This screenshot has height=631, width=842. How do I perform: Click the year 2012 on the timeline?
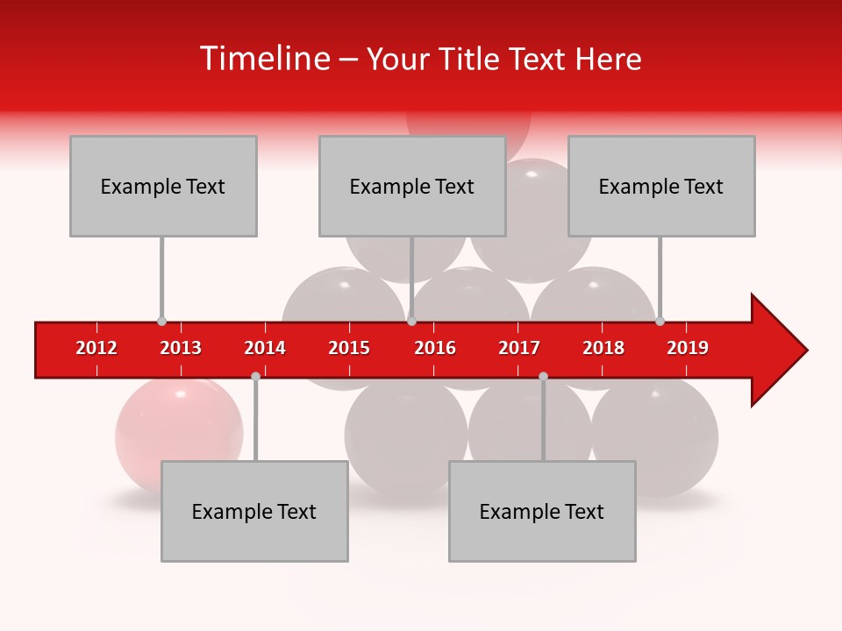[x=96, y=348]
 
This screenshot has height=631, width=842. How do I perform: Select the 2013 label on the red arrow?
[x=181, y=348]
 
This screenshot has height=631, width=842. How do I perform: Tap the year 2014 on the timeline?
[x=265, y=348]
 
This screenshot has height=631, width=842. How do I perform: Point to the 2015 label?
[x=349, y=348]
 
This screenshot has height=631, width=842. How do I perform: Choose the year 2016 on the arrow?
[x=435, y=348]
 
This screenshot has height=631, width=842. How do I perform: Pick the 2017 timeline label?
[x=519, y=348]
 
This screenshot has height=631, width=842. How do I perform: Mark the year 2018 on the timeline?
[x=603, y=348]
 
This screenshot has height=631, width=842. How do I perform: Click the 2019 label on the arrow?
[x=688, y=348]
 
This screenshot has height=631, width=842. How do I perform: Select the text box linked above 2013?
[x=163, y=186]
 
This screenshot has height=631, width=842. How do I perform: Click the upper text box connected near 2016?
[x=412, y=186]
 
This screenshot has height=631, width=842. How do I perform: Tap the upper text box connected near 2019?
[x=661, y=186]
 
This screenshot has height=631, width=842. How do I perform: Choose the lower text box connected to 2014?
[x=254, y=511]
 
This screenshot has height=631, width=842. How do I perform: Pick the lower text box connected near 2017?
[x=542, y=511]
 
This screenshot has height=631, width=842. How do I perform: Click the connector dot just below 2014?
[x=255, y=376]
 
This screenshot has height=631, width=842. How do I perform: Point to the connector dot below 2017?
[x=543, y=376]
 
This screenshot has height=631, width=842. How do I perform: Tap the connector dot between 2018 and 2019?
[x=660, y=321]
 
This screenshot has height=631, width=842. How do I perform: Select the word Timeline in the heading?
[x=264, y=59]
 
